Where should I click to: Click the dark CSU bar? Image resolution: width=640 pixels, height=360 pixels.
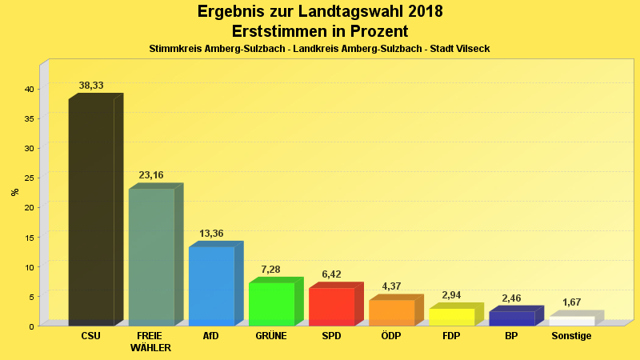click(x=91, y=212)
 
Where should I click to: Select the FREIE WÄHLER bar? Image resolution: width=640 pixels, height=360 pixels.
click(x=151, y=257)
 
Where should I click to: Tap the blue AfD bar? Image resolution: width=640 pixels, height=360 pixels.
click(x=211, y=286)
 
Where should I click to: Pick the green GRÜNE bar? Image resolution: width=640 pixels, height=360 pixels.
click(x=271, y=304)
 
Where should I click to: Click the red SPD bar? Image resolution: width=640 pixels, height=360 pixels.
click(x=331, y=306)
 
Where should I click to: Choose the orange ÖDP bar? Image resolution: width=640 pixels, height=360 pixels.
click(x=391, y=312)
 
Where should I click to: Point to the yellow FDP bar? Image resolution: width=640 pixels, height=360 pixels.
click(x=451, y=317)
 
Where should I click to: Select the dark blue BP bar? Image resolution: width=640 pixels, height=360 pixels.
click(x=511, y=318)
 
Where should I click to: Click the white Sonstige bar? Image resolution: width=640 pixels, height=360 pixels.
click(x=571, y=321)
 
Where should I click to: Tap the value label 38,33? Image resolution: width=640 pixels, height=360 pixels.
click(x=91, y=85)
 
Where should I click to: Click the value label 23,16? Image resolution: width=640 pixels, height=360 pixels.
click(x=151, y=174)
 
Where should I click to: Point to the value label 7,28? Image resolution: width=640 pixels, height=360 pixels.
click(x=271, y=269)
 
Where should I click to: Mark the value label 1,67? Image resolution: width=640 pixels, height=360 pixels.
click(x=571, y=302)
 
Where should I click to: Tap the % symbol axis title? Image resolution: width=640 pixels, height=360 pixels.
click(x=14, y=192)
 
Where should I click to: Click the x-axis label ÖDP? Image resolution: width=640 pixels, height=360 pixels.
click(x=391, y=336)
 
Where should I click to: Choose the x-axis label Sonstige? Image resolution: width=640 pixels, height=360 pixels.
click(x=571, y=336)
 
